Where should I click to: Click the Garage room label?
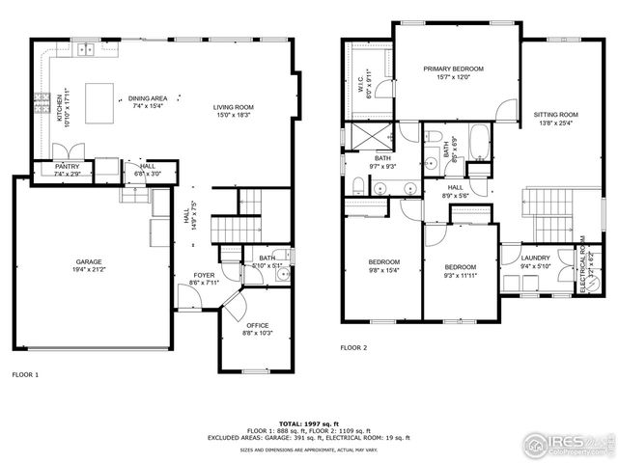click(90, 261)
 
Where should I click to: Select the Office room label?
click(257, 325)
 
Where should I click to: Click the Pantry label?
click(67, 167)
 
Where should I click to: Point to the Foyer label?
click(204, 275)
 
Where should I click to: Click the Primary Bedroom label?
click(453, 68)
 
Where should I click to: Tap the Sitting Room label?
click(554, 115)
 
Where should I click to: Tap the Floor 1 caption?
click(25, 373)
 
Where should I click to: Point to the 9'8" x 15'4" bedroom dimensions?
click(383, 270)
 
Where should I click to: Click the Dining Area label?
click(148, 97)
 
